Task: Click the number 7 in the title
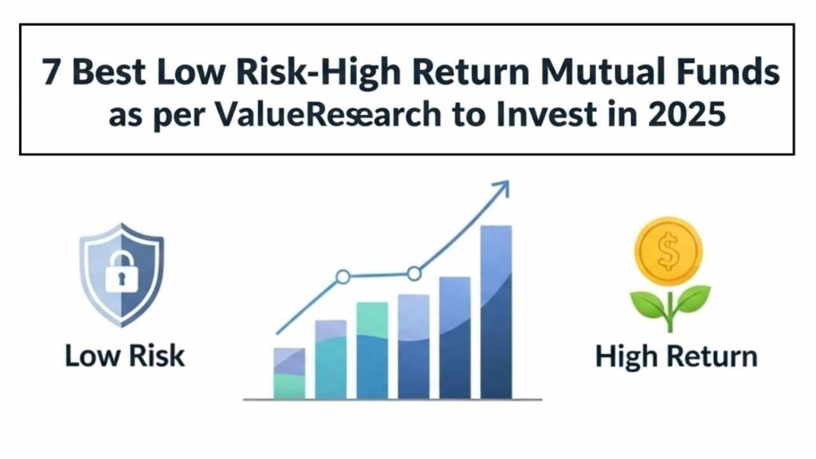click(51, 72)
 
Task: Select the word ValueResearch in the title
click(328, 115)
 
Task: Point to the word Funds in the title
click(723, 71)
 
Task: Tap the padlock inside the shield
click(121, 271)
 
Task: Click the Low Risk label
click(125, 356)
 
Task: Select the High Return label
click(676, 357)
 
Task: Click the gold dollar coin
click(669, 251)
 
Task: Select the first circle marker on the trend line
click(343, 277)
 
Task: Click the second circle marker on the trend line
click(414, 273)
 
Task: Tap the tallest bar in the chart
click(496, 312)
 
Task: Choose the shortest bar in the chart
click(289, 374)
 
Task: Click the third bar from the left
click(372, 351)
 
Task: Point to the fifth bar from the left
click(455, 338)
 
